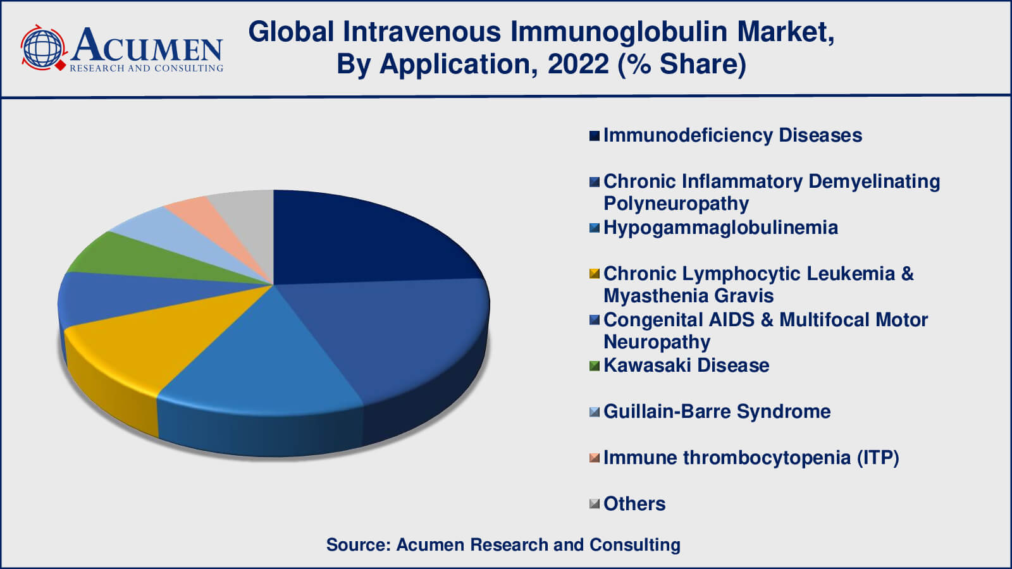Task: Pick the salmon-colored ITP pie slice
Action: point(203,217)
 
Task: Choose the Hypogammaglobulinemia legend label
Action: point(720,228)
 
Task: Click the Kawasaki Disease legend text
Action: point(686,365)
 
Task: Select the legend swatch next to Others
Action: point(595,503)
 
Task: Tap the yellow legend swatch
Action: point(595,274)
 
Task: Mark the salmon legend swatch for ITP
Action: point(595,458)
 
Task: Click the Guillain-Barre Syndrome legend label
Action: point(717,412)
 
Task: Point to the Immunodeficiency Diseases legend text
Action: point(733,135)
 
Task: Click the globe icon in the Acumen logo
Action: point(43,48)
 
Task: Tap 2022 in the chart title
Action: point(578,64)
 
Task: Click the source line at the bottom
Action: point(503,544)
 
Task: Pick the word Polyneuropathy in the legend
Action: point(676,204)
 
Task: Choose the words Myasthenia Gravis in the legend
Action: point(689,297)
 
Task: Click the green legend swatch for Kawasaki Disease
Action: point(595,365)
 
